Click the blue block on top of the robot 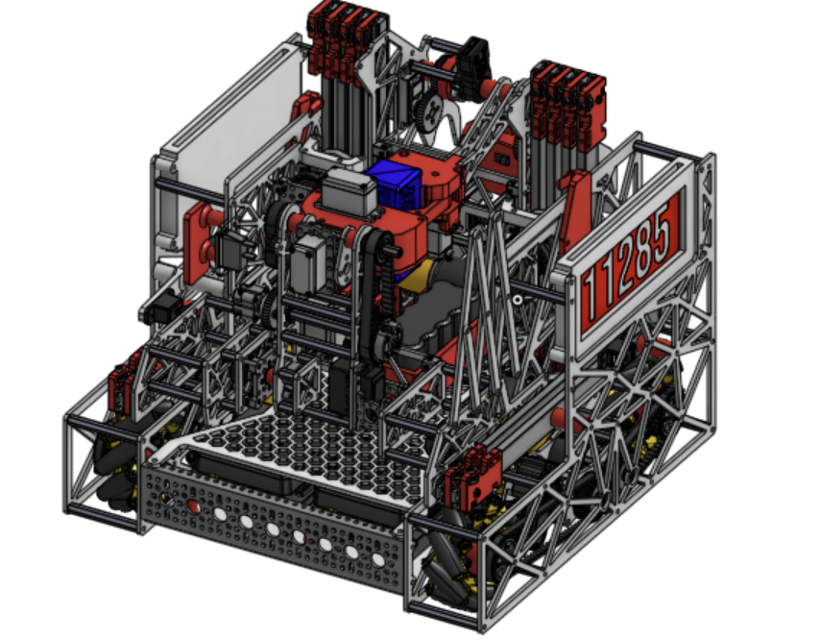pos(394,185)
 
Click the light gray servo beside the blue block pos(348,192)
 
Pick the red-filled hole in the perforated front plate pos(192,505)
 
